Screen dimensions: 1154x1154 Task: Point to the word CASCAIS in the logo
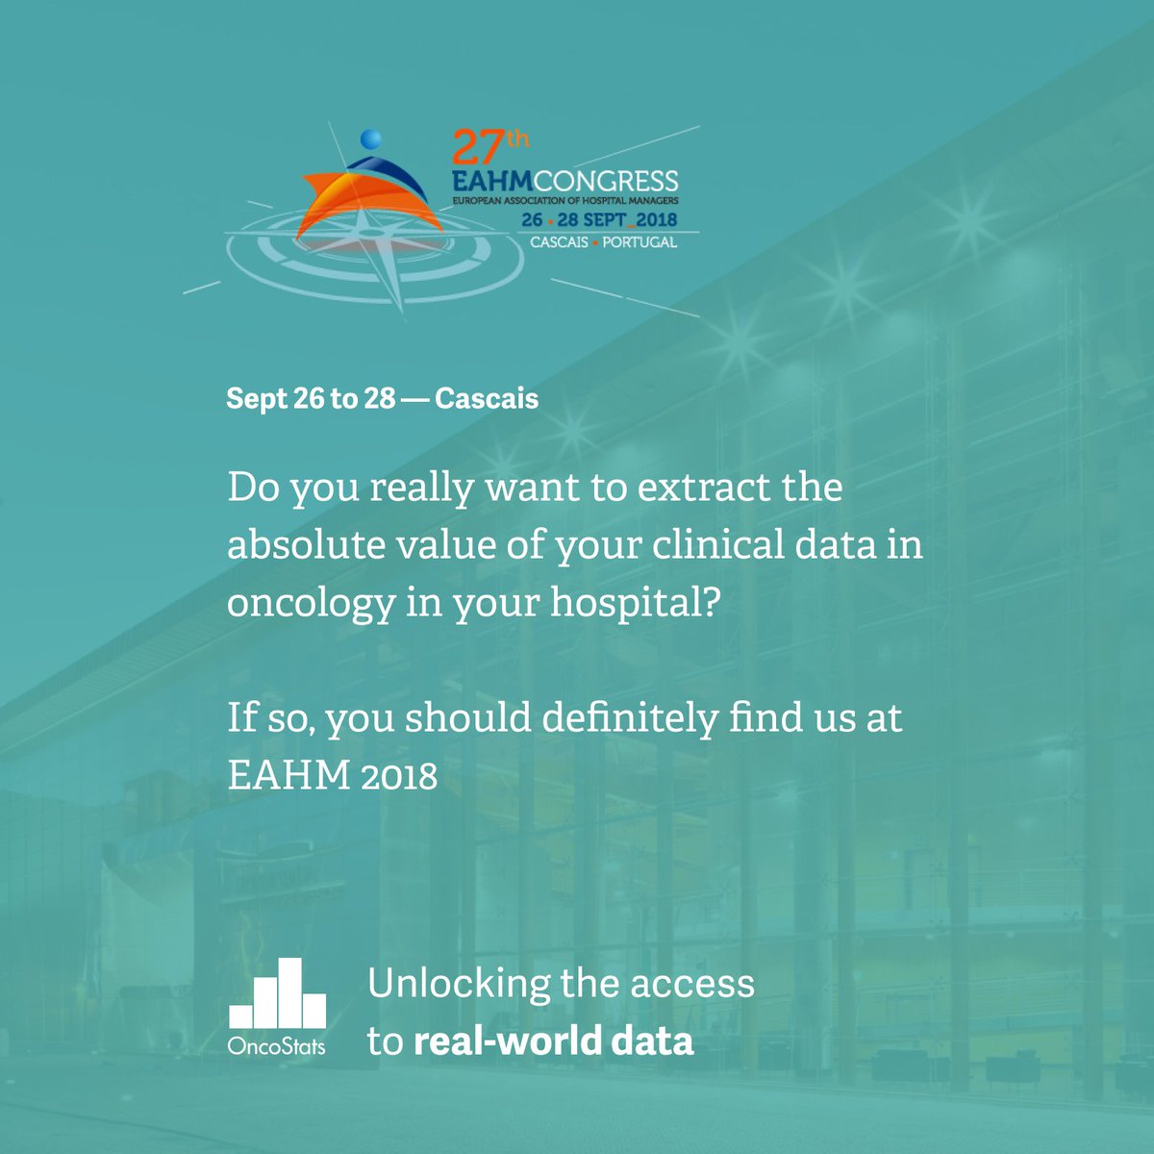pyautogui.click(x=560, y=242)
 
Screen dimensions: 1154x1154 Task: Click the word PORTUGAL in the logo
pyautogui.click(x=640, y=242)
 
